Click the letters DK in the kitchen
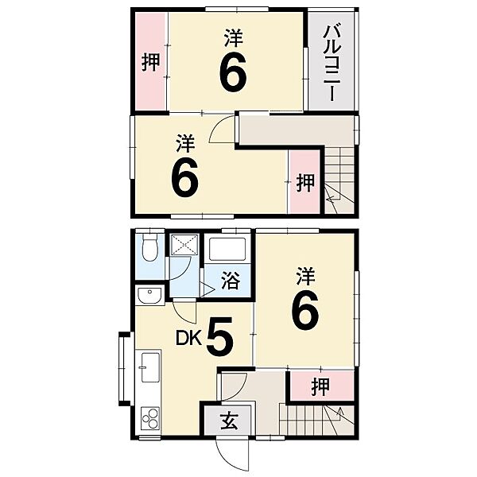click(189, 339)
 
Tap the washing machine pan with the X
click(184, 246)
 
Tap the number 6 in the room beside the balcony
click(232, 72)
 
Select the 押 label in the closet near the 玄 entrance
click(320, 387)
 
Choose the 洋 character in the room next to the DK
click(306, 275)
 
